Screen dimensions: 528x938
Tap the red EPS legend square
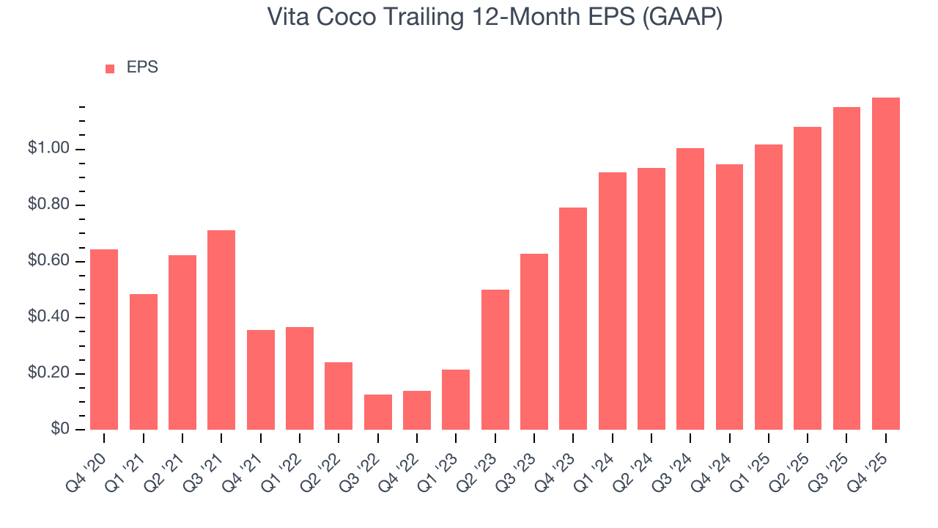110,68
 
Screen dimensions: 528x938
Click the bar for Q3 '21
221,330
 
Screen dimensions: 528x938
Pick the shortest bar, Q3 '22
377,412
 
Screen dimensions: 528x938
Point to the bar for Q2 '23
495,359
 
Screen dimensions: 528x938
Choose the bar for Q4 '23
573,318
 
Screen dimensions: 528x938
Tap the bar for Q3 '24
690,289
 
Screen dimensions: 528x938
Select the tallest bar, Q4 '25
885,263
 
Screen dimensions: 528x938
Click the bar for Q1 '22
300,378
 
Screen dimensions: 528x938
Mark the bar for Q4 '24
729,297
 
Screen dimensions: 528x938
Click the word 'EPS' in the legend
142,67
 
